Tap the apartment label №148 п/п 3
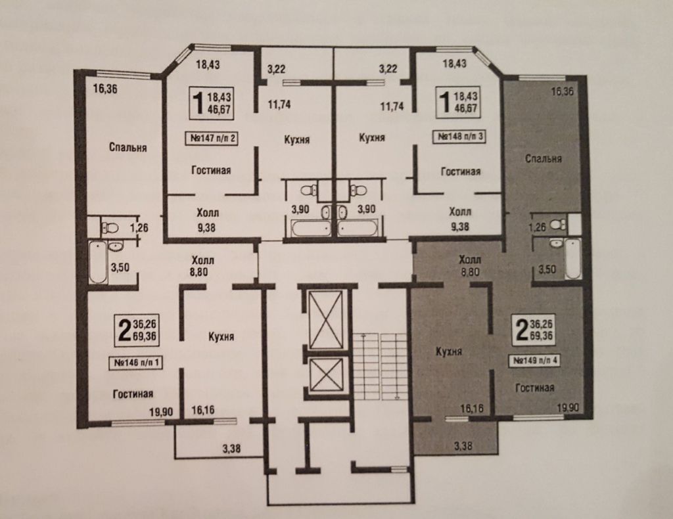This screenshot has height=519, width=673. tap(459, 137)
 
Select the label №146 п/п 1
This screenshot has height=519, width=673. tap(135, 363)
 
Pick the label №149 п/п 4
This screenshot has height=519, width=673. tap(535, 360)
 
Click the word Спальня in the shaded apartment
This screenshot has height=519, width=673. tap(544, 159)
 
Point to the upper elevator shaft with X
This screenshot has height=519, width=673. tap(327, 319)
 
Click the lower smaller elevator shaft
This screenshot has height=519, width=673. tap(327, 374)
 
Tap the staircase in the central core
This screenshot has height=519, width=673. tap(381, 366)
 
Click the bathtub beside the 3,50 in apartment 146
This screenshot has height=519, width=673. tap(98, 262)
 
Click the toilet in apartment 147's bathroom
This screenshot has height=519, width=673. tap(308, 190)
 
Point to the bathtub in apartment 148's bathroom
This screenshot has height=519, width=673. tap(357, 228)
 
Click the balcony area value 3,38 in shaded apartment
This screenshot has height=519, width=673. tap(463, 446)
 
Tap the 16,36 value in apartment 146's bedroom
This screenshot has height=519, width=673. tap(105, 89)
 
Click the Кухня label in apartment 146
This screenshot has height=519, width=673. tap(221, 337)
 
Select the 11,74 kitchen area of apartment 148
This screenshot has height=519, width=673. tap(392, 106)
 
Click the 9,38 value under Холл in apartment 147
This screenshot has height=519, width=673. tap(206, 227)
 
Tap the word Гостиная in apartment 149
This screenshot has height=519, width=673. tap(534, 388)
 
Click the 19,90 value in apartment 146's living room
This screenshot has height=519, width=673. tap(161, 412)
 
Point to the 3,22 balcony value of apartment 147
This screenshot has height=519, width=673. tap(277, 69)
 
